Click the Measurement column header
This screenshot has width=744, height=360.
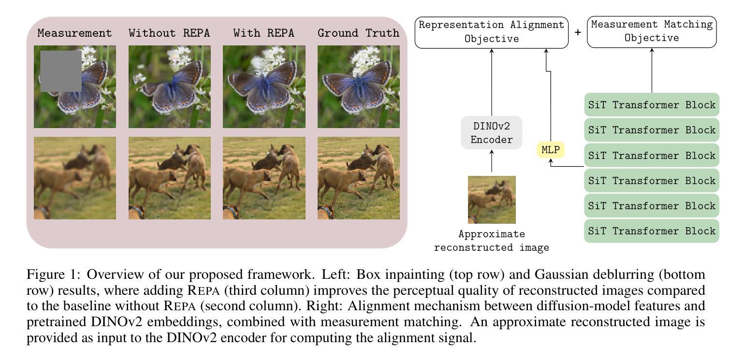pos(74,33)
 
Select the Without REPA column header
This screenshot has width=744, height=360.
pos(169,33)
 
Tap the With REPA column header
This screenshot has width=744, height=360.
pos(263,33)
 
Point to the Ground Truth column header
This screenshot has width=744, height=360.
pos(358,33)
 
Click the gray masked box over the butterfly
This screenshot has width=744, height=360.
pos(60,71)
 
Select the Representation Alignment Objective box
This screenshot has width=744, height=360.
pos(492,32)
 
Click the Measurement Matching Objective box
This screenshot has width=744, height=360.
pos(651,32)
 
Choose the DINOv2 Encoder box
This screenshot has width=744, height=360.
pos(492,132)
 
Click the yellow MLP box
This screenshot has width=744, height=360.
pos(550,150)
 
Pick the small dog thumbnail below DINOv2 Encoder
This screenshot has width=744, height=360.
pos(492,200)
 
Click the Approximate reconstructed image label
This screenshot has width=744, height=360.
pos(492,241)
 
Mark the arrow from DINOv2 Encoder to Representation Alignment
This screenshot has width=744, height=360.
pos(492,82)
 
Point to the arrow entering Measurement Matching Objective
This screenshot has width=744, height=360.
pos(652,70)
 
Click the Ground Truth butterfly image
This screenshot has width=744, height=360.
pos(358,86)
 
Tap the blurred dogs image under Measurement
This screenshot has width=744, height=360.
pos(74,178)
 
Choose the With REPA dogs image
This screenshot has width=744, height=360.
pos(263,178)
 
